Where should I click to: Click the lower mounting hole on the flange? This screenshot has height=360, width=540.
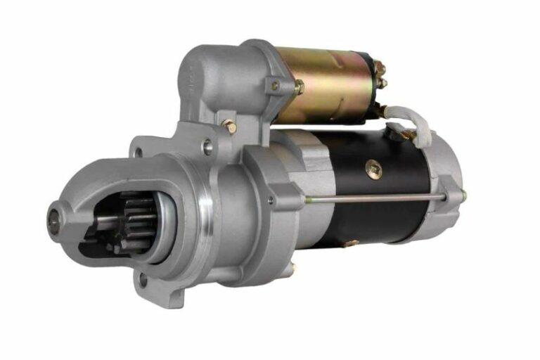click(x=143, y=281)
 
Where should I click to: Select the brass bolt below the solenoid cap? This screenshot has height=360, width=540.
click(x=229, y=127)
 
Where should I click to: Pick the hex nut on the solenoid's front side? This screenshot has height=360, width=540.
click(x=299, y=87)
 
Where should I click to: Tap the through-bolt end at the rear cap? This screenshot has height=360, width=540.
click(x=463, y=195)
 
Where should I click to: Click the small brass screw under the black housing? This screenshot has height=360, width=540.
click(x=349, y=243)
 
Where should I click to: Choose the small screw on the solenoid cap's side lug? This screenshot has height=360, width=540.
click(x=275, y=86)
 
